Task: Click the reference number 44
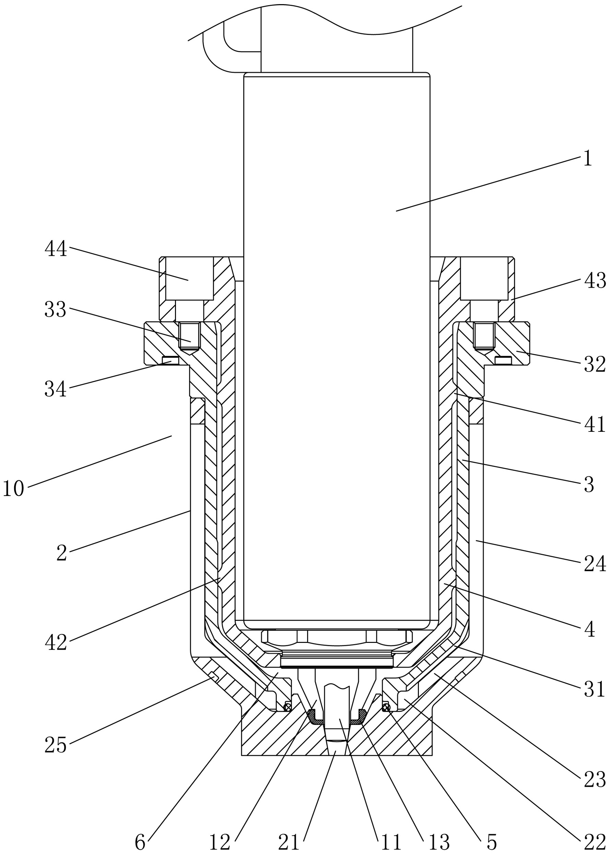[56, 249]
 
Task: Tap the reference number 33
[56, 310]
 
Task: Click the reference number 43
[595, 281]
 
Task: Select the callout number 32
[595, 364]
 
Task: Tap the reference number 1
[588, 158]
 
